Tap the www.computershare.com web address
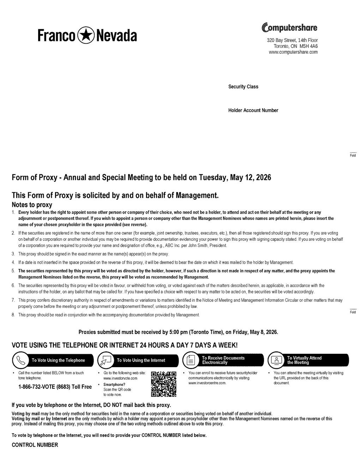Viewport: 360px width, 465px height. point(293,52)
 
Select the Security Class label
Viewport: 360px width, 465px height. point(243,87)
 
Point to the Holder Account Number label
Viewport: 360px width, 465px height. point(253,111)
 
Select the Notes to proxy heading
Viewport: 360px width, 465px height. point(32,205)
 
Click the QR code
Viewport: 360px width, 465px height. point(163,384)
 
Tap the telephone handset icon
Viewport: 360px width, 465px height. point(20,360)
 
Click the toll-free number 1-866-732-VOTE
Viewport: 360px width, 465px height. point(55,387)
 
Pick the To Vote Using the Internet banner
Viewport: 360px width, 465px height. point(141,360)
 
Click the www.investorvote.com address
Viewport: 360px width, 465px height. point(120,378)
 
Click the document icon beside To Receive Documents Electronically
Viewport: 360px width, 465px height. point(191,360)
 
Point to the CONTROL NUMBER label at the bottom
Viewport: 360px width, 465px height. point(35,445)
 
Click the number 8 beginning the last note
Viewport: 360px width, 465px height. point(13,315)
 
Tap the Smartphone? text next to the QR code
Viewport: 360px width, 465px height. point(114,384)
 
